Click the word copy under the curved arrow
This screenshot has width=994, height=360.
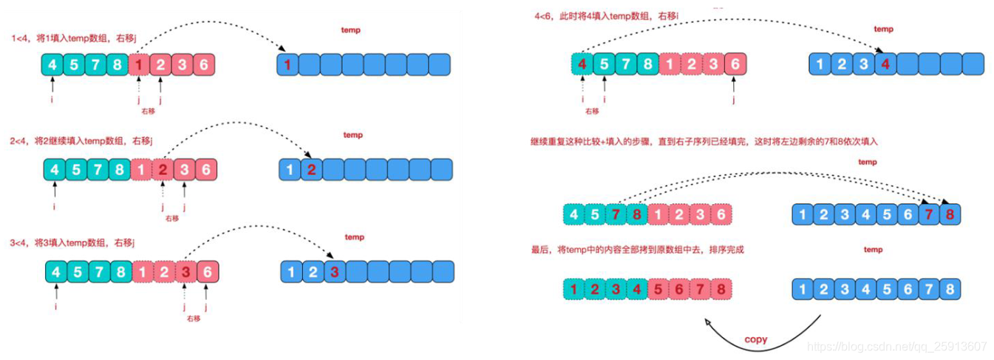coord(755,339)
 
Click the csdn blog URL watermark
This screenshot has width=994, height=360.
coord(897,346)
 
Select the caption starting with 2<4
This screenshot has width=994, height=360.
coord(89,140)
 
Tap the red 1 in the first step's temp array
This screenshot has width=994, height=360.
coord(287,65)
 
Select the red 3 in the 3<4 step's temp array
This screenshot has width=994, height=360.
coord(334,272)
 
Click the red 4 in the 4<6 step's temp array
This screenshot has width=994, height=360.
coord(885,64)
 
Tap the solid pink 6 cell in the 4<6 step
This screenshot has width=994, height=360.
coord(735,64)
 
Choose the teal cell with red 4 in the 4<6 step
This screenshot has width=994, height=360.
coord(582,64)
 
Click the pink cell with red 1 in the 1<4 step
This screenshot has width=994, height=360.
coord(140,65)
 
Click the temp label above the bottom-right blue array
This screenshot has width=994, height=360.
coord(873,250)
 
